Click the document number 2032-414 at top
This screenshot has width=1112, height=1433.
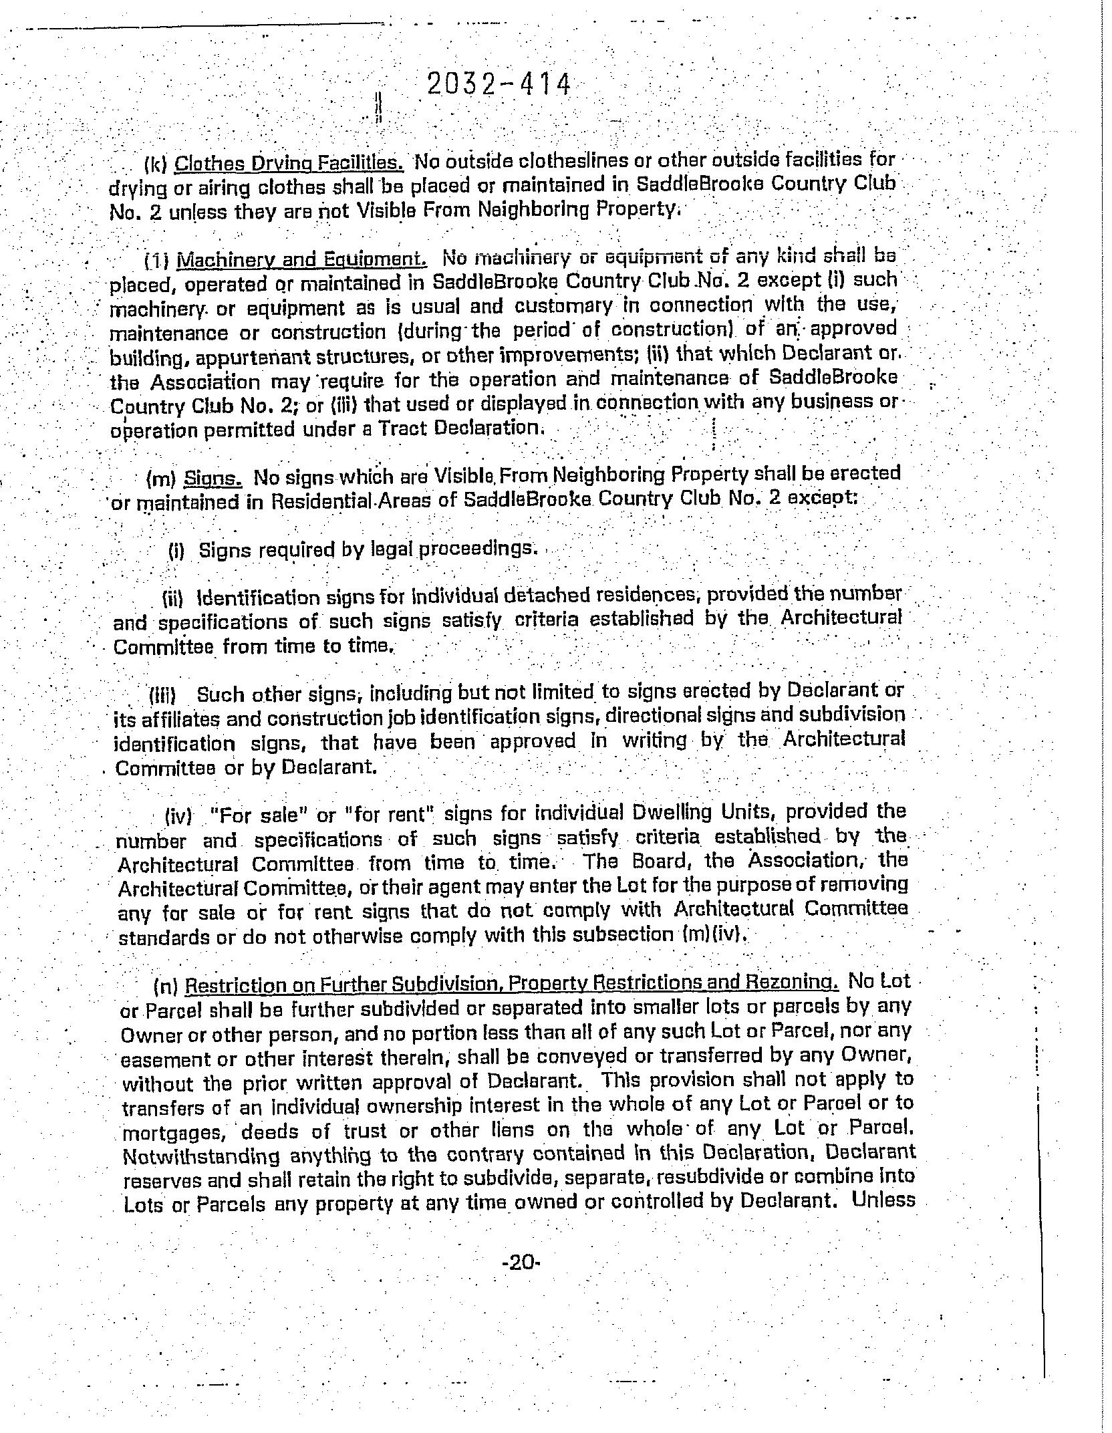pos(499,86)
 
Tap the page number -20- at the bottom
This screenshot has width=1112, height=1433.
pos(519,1263)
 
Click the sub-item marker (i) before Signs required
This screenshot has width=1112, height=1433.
pos(176,551)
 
